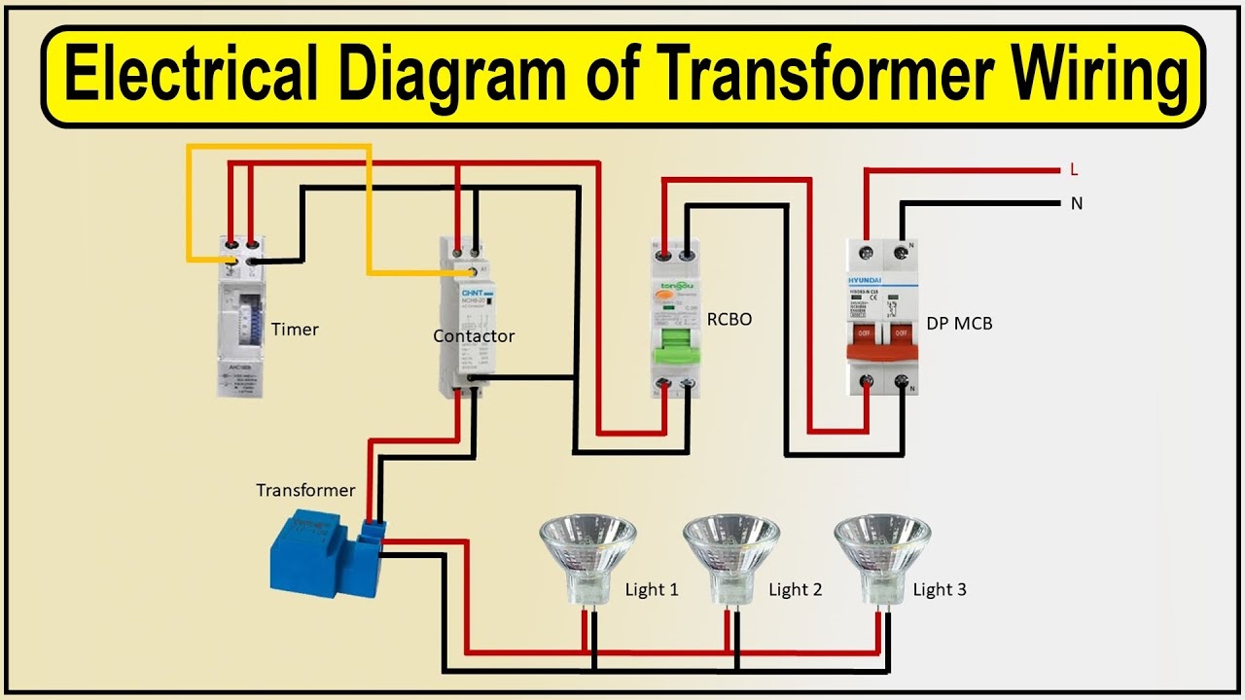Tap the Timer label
296,330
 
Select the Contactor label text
474,336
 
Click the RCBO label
730,319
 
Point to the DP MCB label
960,323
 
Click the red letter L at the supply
1074,170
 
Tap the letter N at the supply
1076,204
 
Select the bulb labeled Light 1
588,554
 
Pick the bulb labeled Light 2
730,554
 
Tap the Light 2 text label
795,590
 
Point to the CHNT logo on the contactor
472,293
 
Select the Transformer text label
305,491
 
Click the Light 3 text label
940,590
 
